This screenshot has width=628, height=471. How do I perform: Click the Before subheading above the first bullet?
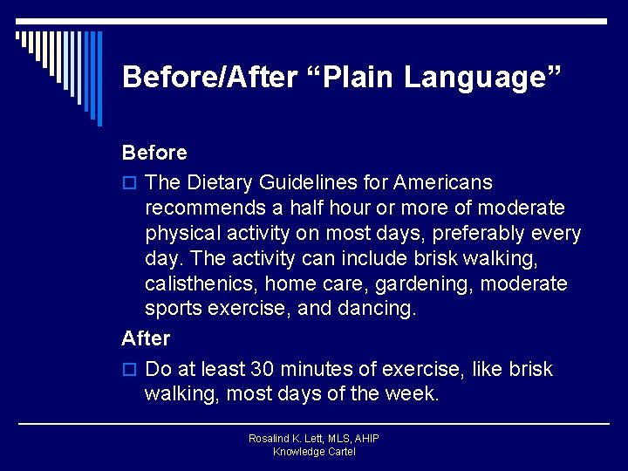coord(154,153)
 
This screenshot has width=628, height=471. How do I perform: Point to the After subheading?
coord(146,338)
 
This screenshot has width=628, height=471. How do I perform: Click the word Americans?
coord(443,183)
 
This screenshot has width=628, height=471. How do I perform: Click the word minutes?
coord(317,369)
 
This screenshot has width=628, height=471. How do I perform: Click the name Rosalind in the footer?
coord(270,439)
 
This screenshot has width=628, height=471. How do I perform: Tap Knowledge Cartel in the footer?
coord(314,452)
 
